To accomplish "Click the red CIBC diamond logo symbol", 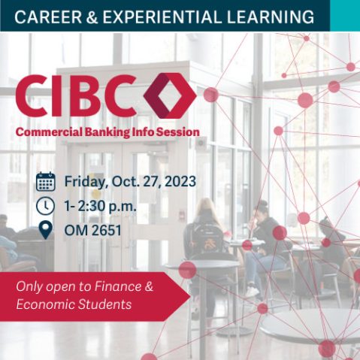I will click(169, 96).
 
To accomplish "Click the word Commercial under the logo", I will click(48, 132).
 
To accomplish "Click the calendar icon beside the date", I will click(46, 181).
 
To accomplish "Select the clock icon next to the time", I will click(46, 205).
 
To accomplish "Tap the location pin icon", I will click(46, 229).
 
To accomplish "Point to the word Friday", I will click(86, 181).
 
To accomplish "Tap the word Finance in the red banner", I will click(116, 286).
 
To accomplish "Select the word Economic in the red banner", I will click(44, 304).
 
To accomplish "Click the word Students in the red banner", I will click(104, 304).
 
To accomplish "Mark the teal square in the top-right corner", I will click(345, 15).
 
